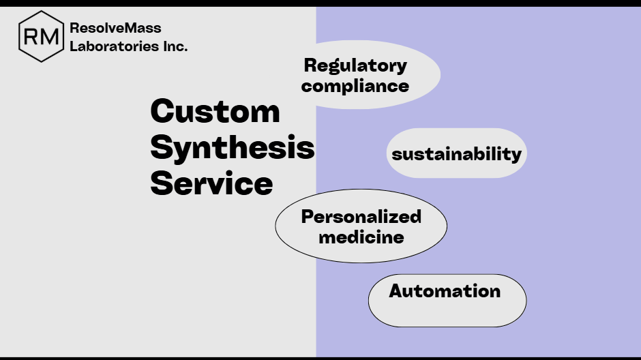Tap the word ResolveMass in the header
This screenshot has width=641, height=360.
pos(115,28)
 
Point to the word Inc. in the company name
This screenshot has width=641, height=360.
pos(175,46)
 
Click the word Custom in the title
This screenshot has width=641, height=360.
pos(215,111)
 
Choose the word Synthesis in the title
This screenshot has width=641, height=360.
pos(232,147)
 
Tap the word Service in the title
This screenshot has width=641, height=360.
pos(211,183)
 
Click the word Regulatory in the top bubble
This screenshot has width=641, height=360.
pos(355,65)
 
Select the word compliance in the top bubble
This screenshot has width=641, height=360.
pos(355,86)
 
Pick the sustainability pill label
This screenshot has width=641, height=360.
pos(456,153)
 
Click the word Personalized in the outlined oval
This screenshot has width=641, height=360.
pos(361,217)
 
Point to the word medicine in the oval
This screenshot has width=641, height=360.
pos(361,237)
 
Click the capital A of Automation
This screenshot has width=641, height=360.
pos(396,291)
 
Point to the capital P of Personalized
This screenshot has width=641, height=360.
pos(308,217)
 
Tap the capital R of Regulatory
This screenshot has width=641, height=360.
pos(310,65)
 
